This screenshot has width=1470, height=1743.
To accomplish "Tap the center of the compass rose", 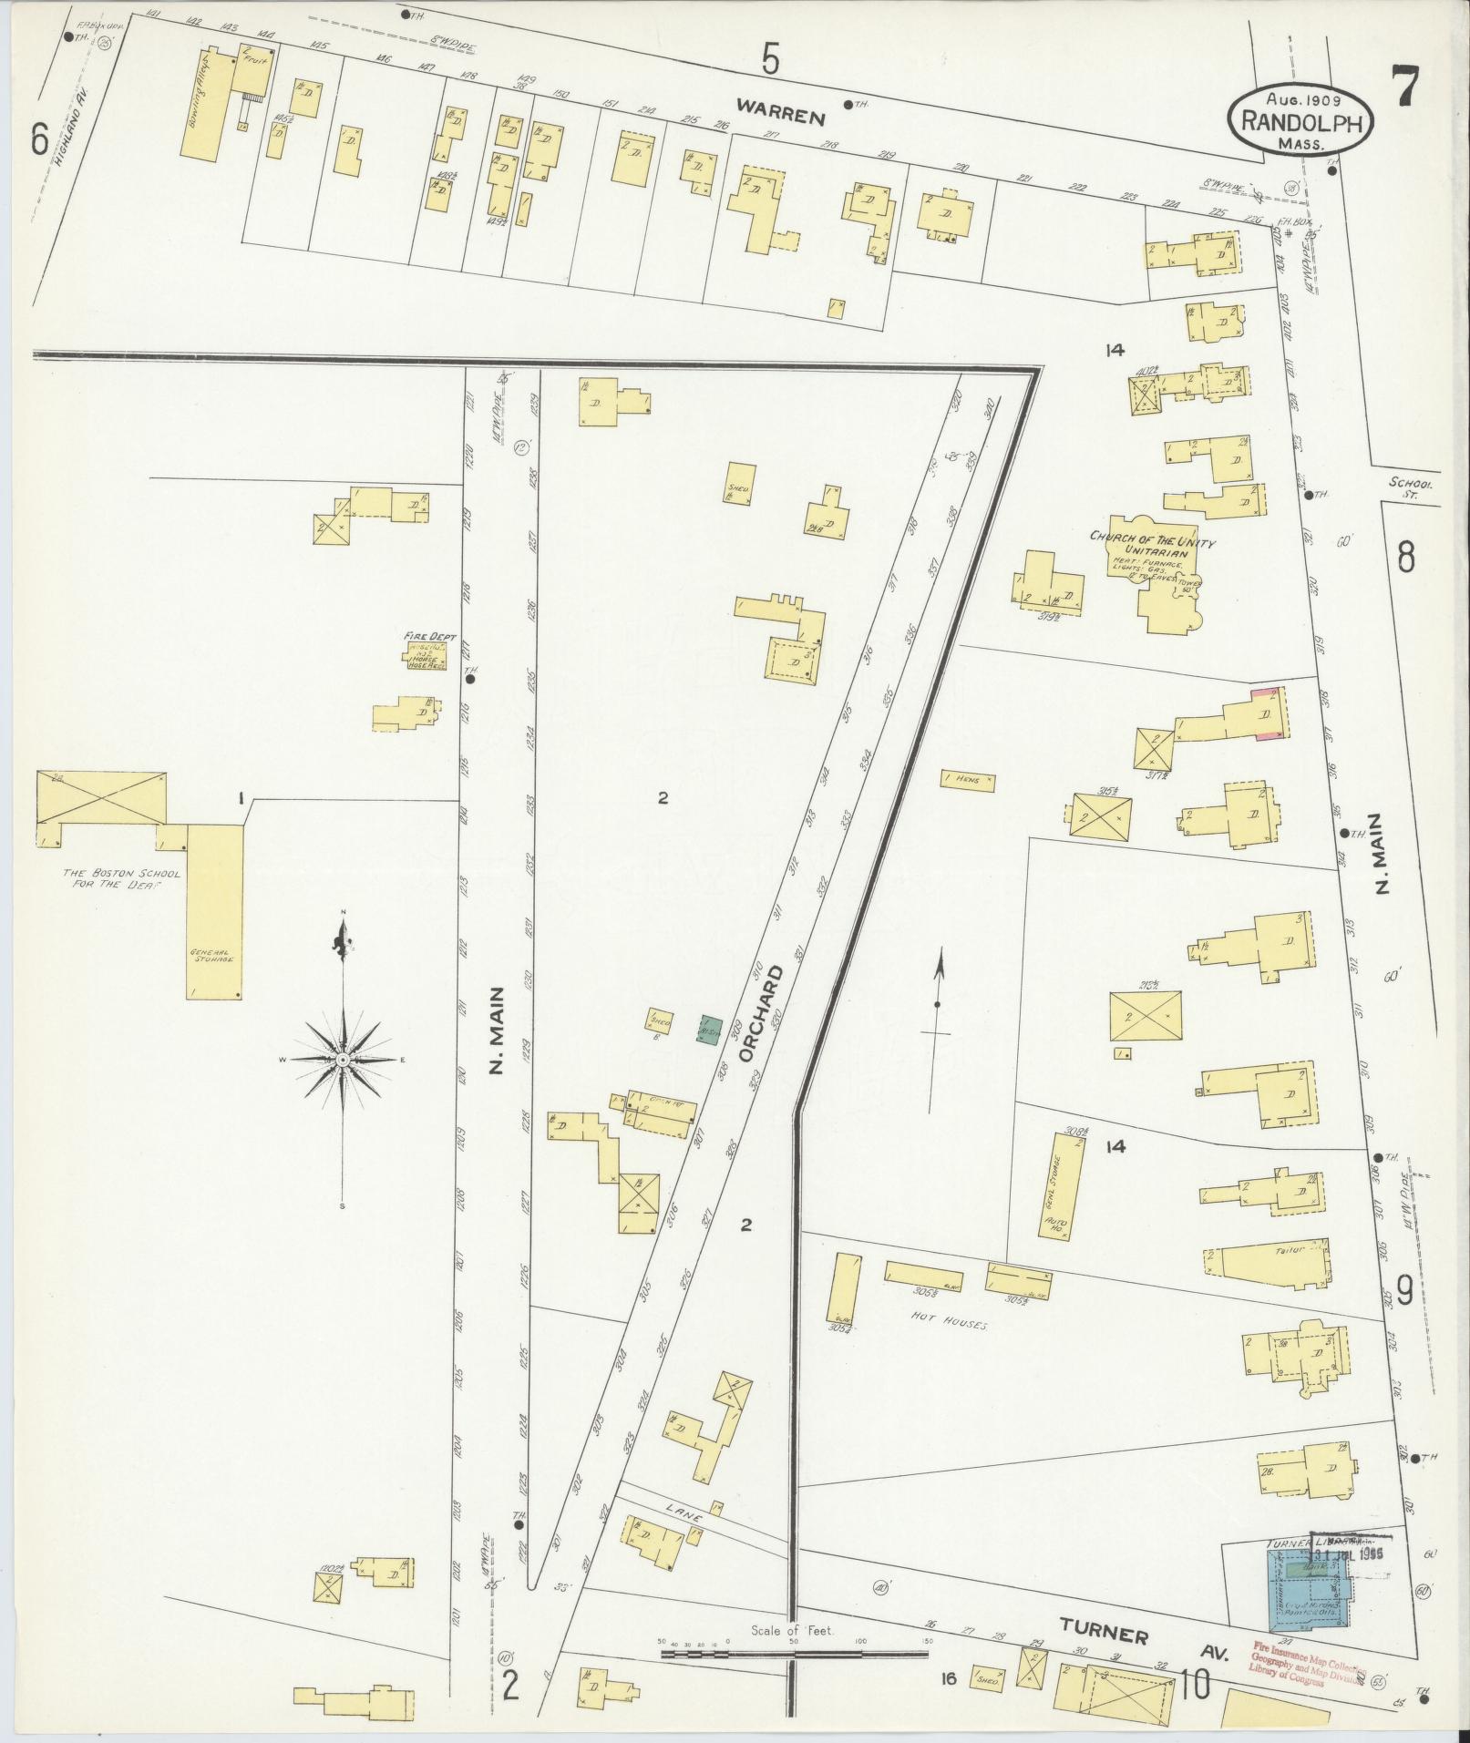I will (x=343, y=1060).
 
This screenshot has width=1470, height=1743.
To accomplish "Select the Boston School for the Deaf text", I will (x=121, y=877).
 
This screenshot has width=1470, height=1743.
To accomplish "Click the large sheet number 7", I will (x=1404, y=88).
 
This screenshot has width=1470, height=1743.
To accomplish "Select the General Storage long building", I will (x=215, y=911).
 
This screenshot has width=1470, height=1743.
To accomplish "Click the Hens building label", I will (x=968, y=781).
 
